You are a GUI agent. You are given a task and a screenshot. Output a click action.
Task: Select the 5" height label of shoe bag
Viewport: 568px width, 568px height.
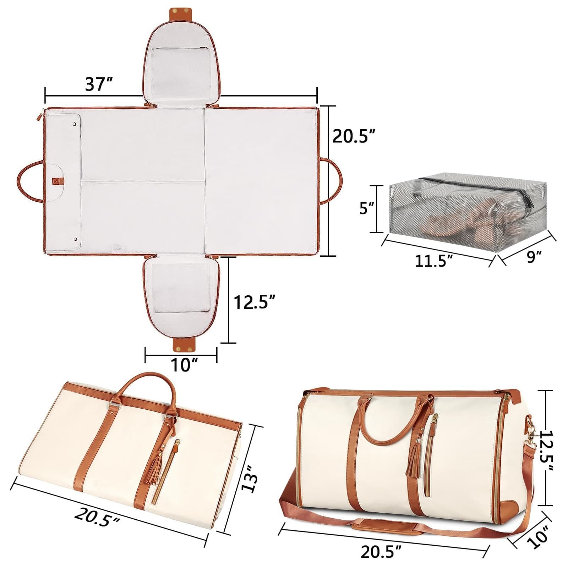pos(367,208)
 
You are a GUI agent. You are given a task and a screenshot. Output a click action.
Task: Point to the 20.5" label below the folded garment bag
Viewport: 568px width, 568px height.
pos(97,517)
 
